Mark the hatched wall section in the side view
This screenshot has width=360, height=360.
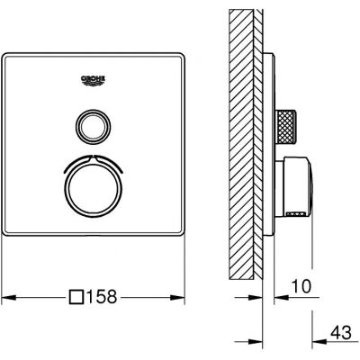[x=243, y=144]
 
